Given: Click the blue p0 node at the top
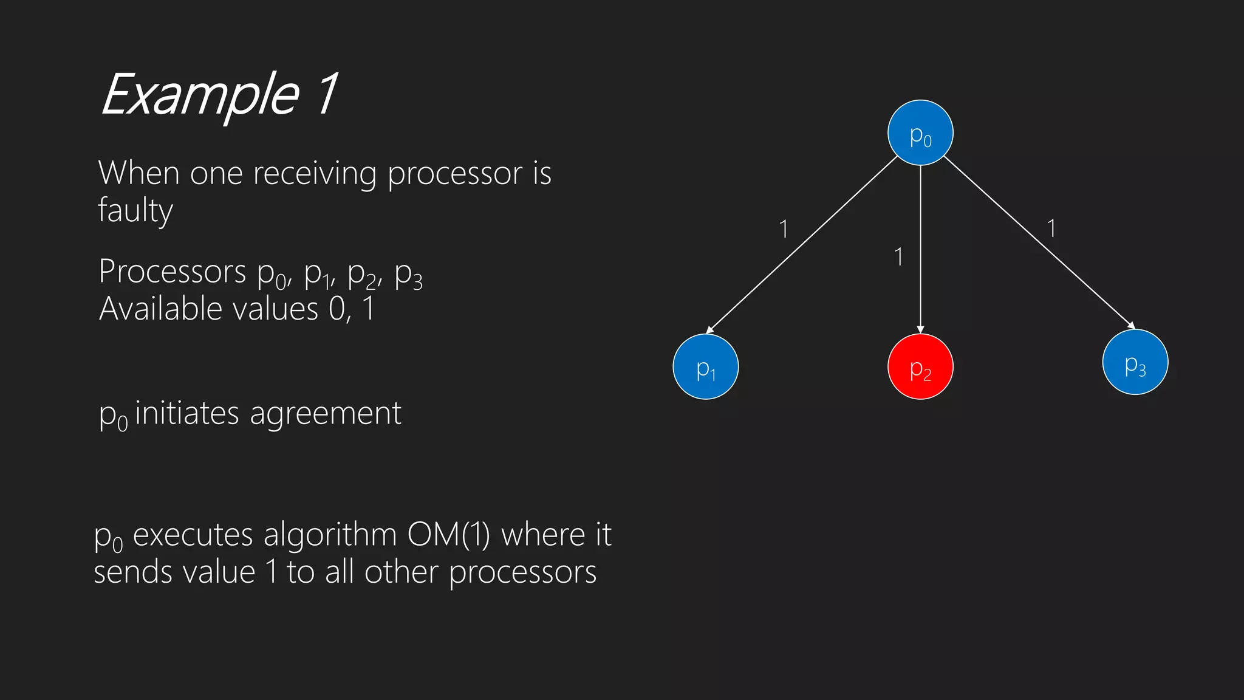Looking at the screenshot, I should [x=920, y=132].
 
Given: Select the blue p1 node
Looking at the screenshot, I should [x=705, y=366].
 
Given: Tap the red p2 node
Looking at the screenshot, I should [x=920, y=366].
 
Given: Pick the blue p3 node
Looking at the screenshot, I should [x=1135, y=362].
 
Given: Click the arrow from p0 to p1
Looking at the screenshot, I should [x=802, y=245].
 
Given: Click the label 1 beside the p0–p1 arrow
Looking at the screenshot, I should [x=784, y=229].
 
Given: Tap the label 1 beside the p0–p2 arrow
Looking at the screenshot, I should [x=898, y=257].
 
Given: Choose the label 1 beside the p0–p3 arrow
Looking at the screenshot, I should [x=1051, y=228].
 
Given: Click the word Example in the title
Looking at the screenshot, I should [x=200, y=95].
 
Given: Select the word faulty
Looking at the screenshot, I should [x=135, y=210].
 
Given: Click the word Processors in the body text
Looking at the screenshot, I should [x=172, y=271].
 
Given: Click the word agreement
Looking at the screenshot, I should [x=326, y=414].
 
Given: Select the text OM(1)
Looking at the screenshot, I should [x=448, y=535].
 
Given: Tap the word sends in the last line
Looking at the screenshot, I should [x=132, y=572].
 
